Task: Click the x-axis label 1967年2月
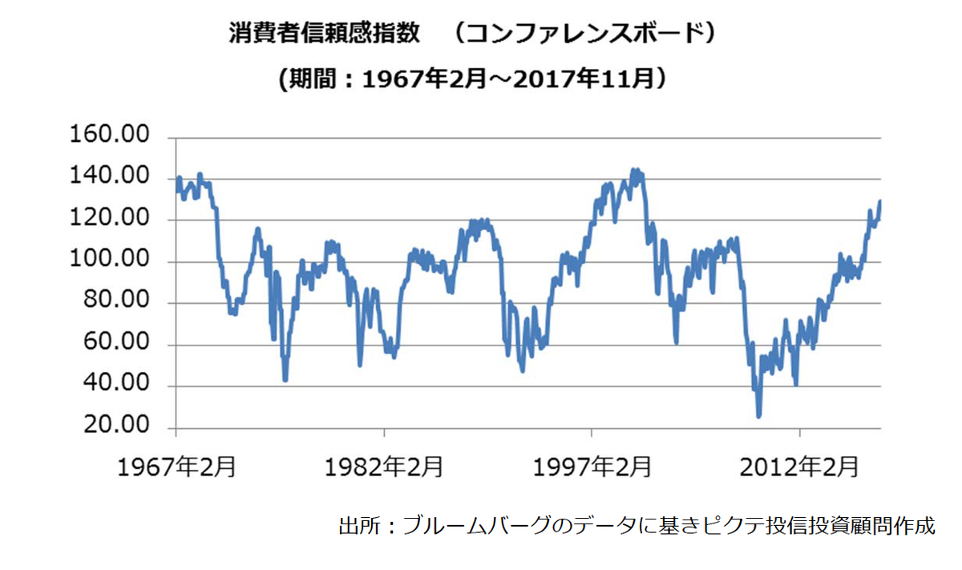tap(176, 467)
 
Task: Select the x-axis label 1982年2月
tap(385, 467)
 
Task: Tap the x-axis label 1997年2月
tap(592, 467)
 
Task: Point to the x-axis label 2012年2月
tap(800, 467)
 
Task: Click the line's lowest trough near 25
tap(758, 415)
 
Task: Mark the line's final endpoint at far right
tap(879, 202)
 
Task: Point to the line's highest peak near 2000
tap(635, 171)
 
